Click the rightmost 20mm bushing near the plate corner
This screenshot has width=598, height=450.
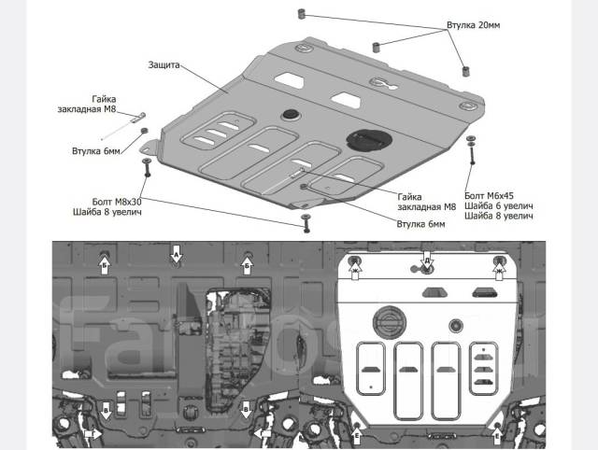[464, 68]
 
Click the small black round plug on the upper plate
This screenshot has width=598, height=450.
[290, 114]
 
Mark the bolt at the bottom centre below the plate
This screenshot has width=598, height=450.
[305, 222]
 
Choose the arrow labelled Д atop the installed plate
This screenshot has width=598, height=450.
[426, 264]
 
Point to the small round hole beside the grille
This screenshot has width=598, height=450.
[455, 326]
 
